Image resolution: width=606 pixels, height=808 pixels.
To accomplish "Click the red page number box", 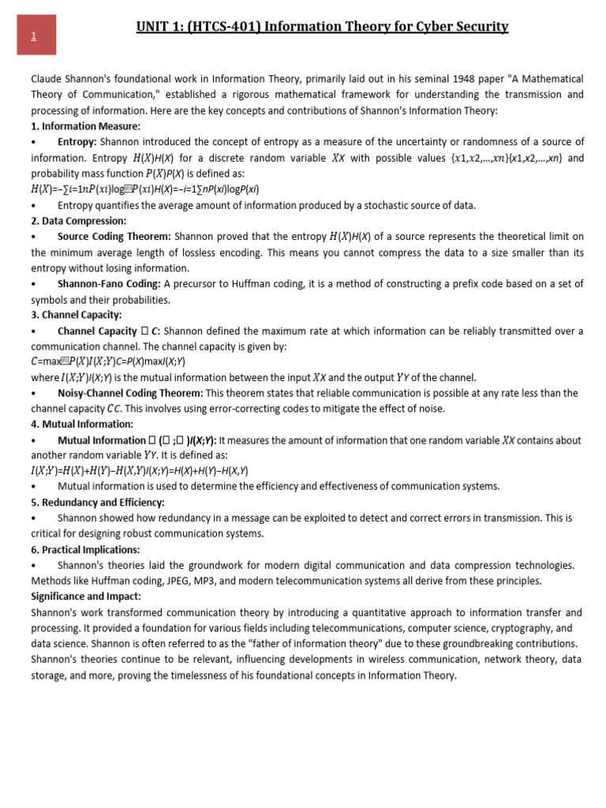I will point(36,36).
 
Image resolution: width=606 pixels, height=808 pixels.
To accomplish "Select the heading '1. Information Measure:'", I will point(86,125).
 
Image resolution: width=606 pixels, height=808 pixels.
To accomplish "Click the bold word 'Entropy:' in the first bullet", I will point(77,141).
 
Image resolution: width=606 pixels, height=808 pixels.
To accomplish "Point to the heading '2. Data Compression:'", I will point(79,221).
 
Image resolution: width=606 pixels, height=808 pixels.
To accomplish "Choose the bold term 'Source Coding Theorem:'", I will point(114,237).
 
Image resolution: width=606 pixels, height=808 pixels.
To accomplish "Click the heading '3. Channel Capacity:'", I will point(77,315).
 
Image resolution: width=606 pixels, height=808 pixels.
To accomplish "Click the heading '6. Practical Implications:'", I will point(85,549).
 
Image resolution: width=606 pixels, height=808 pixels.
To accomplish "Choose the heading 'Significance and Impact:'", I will point(86,596).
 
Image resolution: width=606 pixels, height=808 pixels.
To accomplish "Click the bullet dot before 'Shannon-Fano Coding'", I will point(34,284).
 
